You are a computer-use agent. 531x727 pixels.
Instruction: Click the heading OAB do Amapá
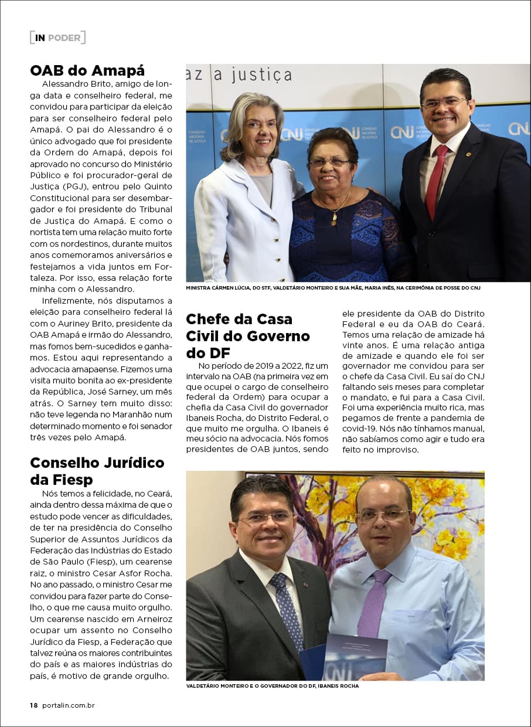tap(87, 71)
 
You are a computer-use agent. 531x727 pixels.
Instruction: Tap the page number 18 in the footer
tap(34, 705)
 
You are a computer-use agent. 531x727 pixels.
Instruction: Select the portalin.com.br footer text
tap(68, 705)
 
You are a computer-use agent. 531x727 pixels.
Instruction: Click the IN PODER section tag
tap(57, 38)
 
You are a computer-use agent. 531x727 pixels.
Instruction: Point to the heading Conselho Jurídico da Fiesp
tap(97, 471)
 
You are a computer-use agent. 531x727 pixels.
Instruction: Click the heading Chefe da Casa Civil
tap(247, 336)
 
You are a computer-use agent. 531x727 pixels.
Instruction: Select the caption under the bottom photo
tap(272, 685)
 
